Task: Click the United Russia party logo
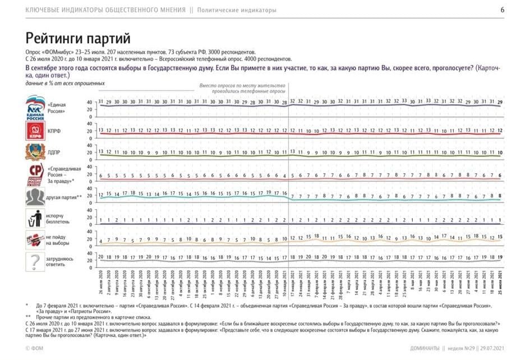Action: [35, 107]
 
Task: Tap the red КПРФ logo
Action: [35, 131]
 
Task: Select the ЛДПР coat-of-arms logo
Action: [35, 152]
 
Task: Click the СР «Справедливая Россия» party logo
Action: [35, 173]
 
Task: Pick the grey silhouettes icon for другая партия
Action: [35, 196]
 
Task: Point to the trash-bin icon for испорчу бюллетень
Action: [35, 218]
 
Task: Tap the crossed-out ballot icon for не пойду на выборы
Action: [35, 240]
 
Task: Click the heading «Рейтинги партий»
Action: [77, 39]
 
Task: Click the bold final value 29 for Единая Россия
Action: [500, 101]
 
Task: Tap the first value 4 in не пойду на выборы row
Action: [100, 241]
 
